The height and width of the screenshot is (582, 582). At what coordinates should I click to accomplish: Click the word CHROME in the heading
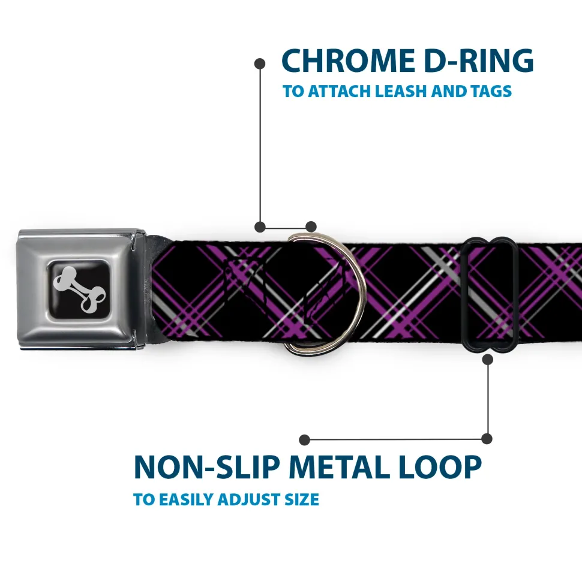[349, 61]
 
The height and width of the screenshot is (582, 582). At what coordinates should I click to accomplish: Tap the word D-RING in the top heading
[479, 61]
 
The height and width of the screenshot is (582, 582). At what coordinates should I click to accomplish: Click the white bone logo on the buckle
[79, 289]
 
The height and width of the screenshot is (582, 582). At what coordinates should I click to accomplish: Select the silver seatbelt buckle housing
[82, 289]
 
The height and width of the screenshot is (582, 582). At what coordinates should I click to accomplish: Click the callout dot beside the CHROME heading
[260, 64]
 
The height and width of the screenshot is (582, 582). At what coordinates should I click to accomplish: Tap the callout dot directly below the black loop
[487, 359]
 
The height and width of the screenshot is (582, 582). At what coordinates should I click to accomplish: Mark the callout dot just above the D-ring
[311, 227]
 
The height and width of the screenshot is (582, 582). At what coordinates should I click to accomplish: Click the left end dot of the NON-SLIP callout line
[304, 440]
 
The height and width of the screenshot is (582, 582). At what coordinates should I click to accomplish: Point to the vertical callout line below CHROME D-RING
[260, 145]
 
